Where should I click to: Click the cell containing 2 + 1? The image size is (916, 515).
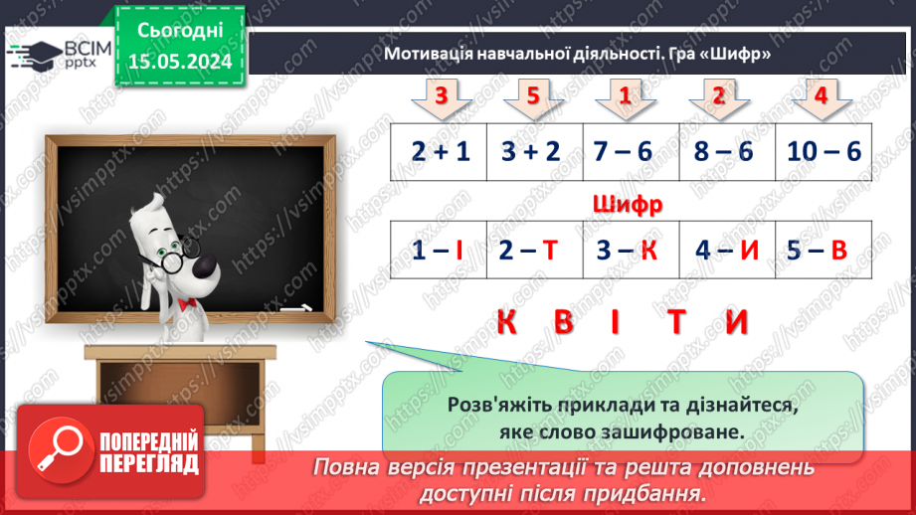point(439,152)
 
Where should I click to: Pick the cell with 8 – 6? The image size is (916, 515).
point(727,152)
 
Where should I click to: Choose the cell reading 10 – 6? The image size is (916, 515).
point(824,152)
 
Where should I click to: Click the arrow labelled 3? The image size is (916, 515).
point(439,97)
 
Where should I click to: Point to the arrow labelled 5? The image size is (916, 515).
point(533,97)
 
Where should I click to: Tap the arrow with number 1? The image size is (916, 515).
point(626,97)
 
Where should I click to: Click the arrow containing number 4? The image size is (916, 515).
point(821,97)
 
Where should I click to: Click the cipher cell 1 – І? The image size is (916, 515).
point(439,251)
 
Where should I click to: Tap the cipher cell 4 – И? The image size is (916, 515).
point(727,251)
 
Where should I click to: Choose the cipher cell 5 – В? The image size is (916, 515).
point(824,251)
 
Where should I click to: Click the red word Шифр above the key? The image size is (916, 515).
point(627,206)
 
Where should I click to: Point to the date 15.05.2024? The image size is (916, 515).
point(180,61)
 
